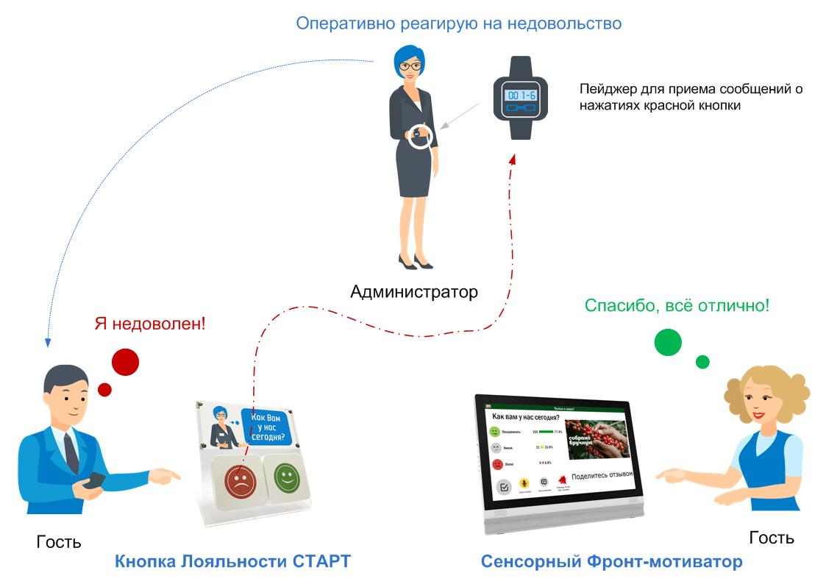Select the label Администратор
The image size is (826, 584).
413,292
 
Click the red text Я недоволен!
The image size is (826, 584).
151,323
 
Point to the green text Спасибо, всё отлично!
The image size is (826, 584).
677,305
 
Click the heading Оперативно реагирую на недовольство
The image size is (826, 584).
458,24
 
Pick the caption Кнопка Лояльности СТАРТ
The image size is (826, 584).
232,562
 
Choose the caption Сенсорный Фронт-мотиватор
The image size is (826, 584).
611,562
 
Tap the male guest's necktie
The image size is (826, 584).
71,449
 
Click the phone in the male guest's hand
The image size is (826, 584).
93,481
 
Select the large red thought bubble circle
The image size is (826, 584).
125,361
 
